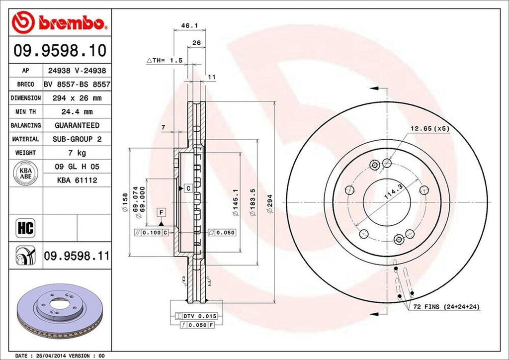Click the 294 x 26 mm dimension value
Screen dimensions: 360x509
point(77,98)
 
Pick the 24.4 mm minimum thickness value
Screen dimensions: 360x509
point(77,112)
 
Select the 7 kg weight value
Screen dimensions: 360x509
point(77,152)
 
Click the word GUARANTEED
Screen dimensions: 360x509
point(77,125)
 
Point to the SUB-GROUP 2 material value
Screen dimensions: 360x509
point(77,139)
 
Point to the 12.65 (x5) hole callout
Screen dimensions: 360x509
point(429,128)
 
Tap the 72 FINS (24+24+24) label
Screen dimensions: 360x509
point(446,307)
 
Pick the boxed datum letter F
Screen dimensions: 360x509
point(161,212)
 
